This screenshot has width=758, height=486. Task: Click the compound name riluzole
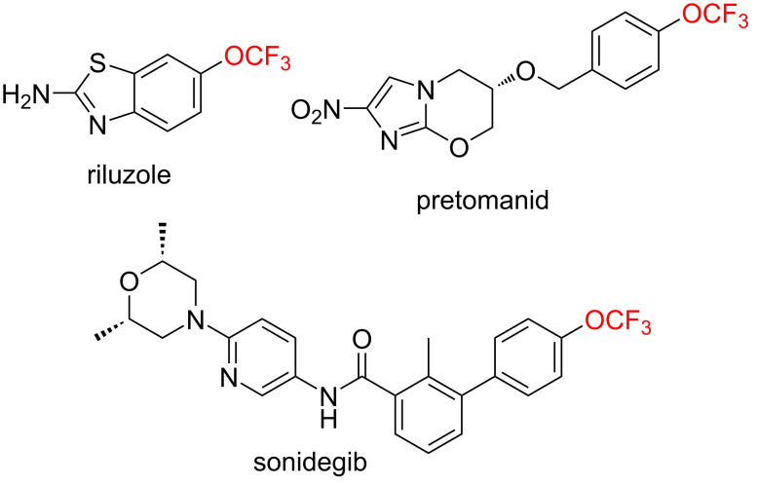pyautogui.click(x=129, y=175)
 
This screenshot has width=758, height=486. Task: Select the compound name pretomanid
pyautogui.click(x=482, y=200)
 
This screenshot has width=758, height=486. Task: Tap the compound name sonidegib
pyautogui.click(x=311, y=463)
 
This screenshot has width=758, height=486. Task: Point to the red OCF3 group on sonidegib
pyautogui.click(x=618, y=321)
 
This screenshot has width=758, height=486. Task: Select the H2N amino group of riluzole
pyautogui.click(x=25, y=94)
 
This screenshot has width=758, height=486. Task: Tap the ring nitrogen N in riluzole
pyautogui.click(x=98, y=126)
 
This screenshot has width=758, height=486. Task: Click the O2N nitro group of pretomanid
pyautogui.click(x=316, y=111)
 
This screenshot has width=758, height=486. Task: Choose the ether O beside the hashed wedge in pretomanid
pyautogui.click(x=525, y=72)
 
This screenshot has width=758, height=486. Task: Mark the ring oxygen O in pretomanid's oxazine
pyautogui.click(x=458, y=148)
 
